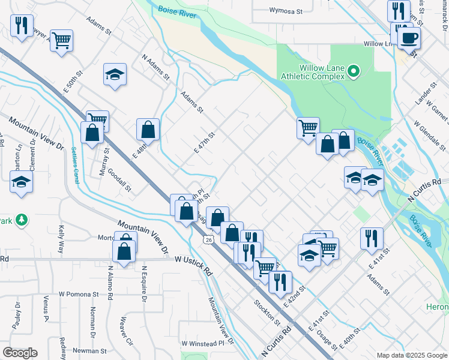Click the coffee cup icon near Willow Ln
(x=409, y=38)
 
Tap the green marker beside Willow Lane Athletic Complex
(x=354, y=73)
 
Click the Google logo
(x=20, y=353)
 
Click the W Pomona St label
(x=79, y=295)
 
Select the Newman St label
(x=89, y=350)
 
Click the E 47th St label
(x=205, y=143)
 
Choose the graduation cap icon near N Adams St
(x=115, y=75)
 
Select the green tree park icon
(x=22, y=220)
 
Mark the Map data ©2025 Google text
(x=412, y=355)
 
